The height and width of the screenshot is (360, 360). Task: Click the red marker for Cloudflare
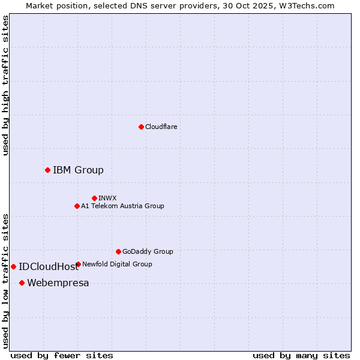point(141,127)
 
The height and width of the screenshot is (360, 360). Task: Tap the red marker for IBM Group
point(47,170)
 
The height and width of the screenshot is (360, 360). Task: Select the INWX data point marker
point(94,198)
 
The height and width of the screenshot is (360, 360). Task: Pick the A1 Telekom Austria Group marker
point(77,206)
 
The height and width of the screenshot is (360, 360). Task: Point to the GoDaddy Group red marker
point(118,251)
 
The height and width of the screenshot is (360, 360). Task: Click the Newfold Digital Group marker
point(78,264)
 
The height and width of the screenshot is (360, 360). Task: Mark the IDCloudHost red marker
point(13,266)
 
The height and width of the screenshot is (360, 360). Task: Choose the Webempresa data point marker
point(22,283)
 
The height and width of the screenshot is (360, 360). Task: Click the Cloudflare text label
point(161,127)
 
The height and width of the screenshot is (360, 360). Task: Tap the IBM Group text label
point(78,170)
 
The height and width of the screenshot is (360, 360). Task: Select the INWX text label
point(107,198)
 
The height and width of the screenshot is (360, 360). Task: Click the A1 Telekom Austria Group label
point(122,206)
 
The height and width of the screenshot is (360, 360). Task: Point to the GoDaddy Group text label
point(148,251)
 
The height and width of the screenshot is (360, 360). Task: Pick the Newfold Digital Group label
point(117,264)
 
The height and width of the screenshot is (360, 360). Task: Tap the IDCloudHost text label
point(49,267)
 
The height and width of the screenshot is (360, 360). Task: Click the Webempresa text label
point(58,283)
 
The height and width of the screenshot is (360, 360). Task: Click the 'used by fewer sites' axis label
point(62,355)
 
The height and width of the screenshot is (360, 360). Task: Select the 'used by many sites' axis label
point(301,355)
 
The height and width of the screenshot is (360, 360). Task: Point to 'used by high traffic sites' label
point(5,85)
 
